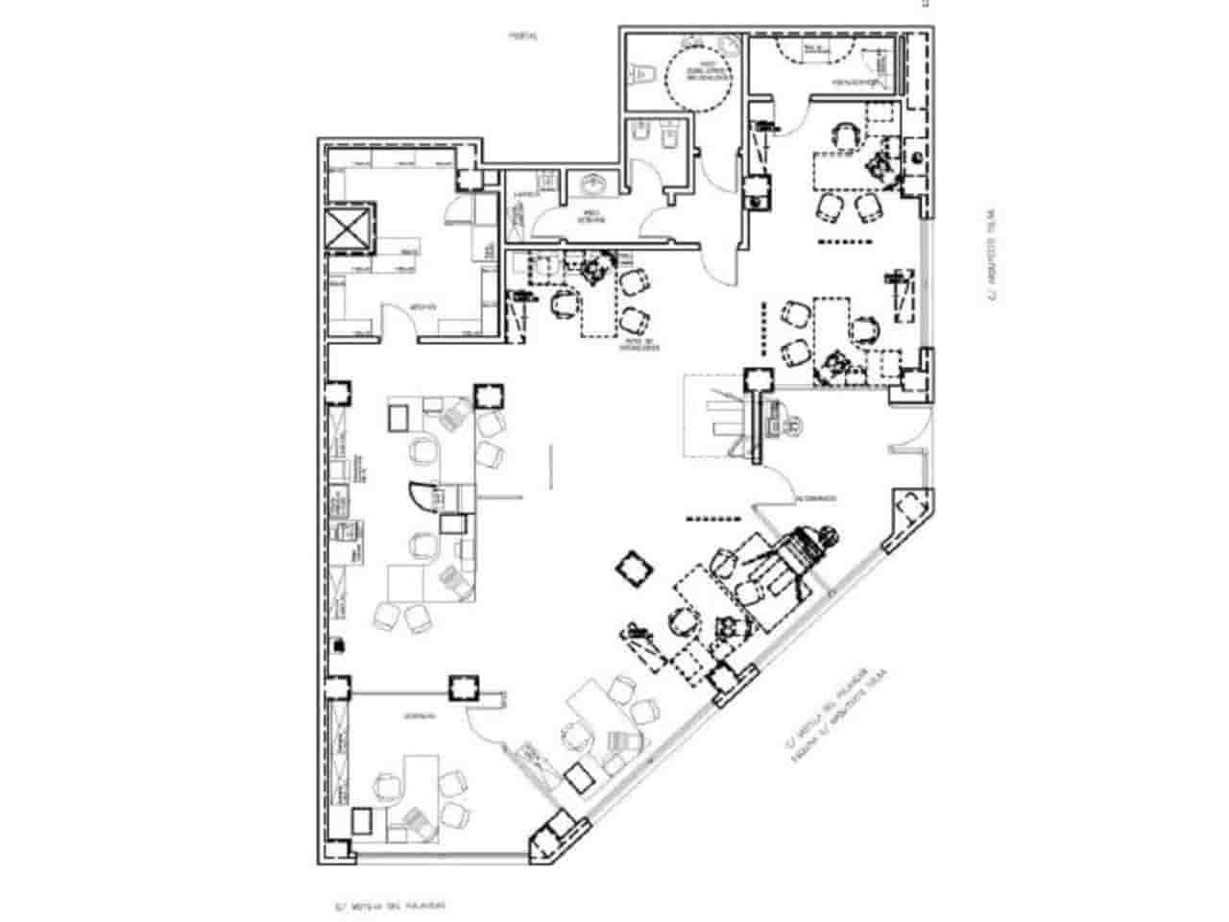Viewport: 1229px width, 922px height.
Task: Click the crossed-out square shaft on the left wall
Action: (x=349, y=228)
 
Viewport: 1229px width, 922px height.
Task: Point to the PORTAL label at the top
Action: (x=523, y=36)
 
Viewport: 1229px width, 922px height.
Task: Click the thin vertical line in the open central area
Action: (x=551, y=465)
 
